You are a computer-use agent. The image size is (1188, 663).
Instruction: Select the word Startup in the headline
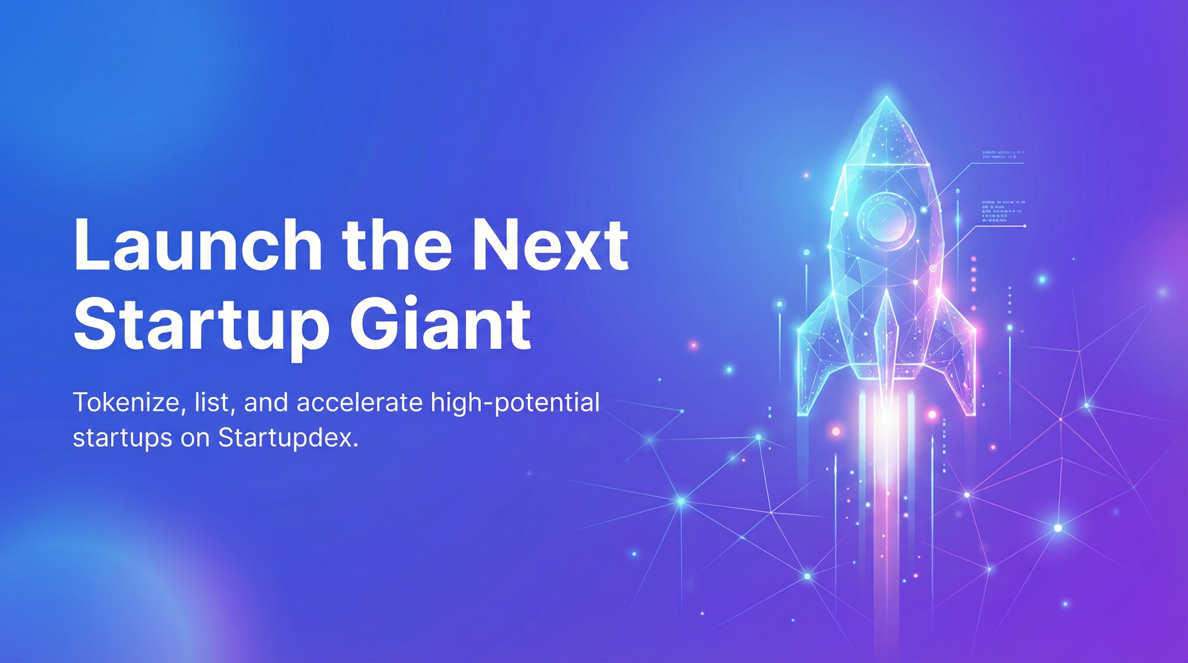[x=201, y=326]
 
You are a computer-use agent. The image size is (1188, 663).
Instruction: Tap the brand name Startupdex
[x=288, y=438]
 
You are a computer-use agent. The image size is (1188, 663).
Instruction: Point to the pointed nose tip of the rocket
[x=886, y=100]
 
